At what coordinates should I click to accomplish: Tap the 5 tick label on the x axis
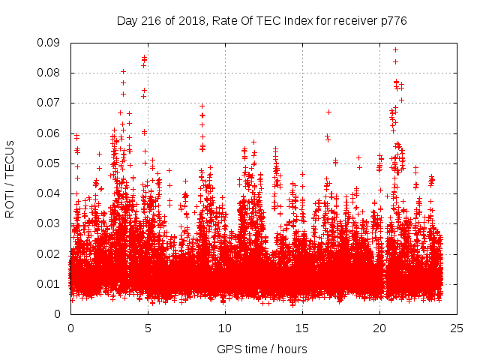point(148,328)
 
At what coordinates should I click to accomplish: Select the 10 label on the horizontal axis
point(225,328)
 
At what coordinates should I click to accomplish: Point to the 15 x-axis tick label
point(302,328)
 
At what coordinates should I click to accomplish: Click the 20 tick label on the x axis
point(379,328)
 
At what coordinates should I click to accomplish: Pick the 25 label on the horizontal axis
point(457,328)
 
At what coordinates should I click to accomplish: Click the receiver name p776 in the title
point(392,21)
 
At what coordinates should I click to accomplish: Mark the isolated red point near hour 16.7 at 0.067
point(328,112)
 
